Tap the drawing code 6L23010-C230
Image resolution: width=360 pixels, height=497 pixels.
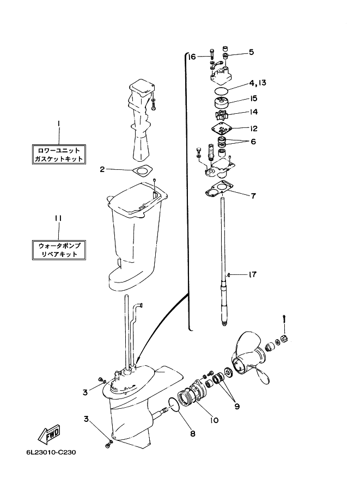(51, 452)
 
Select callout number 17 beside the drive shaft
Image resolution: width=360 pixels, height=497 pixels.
(252, 274)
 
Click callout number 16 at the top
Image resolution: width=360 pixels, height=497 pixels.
(192, 57)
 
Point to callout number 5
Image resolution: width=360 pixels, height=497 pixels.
(251, 52)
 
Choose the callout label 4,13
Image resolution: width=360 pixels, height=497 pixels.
(258, 83)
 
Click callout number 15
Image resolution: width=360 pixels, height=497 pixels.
(253, 99)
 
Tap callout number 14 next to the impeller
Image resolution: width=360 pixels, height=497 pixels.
(253, 112)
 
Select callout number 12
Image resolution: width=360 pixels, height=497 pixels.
(253, 128)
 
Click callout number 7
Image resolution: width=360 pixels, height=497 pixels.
(253, 196)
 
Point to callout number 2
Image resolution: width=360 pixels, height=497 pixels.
(102, 169)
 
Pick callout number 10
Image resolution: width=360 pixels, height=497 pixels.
(214, 420)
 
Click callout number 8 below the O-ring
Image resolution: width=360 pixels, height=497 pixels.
(193, 434)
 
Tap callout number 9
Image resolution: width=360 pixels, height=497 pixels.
(237, 406)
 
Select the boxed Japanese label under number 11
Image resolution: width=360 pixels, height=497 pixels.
(59, 250)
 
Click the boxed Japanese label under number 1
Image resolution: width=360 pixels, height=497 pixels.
(59, 155)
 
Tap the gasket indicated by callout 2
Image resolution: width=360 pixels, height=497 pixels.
(142, 170)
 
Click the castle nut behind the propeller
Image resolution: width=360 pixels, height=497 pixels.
(284, 339)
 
